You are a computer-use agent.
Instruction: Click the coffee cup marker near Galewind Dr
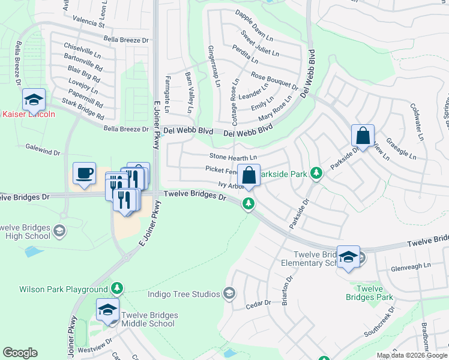84,173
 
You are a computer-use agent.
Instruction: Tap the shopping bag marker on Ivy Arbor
249,176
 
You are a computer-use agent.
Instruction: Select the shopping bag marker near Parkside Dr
363,136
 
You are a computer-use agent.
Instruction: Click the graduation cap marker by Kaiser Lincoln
34,100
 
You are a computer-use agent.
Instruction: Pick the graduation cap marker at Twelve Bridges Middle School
107,310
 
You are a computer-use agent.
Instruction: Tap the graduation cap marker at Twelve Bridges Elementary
348,257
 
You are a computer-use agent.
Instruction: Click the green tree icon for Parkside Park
316,174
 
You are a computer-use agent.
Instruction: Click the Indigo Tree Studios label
184,294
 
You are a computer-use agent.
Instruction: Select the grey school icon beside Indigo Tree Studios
228,293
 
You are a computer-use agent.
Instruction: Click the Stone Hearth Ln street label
233,157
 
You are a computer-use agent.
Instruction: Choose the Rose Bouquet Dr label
274,80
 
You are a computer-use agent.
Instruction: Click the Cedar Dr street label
259,304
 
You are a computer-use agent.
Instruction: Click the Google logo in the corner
20,353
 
